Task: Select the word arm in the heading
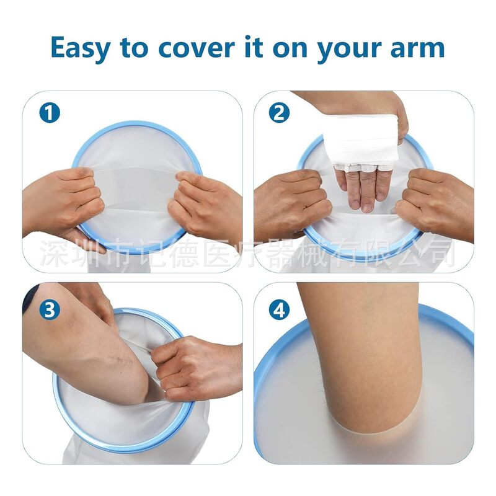(x=417, y=47)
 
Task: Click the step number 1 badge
(x=50, y=113)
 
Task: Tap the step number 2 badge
(x=279, y=113)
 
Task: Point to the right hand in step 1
(x=208, y=201)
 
